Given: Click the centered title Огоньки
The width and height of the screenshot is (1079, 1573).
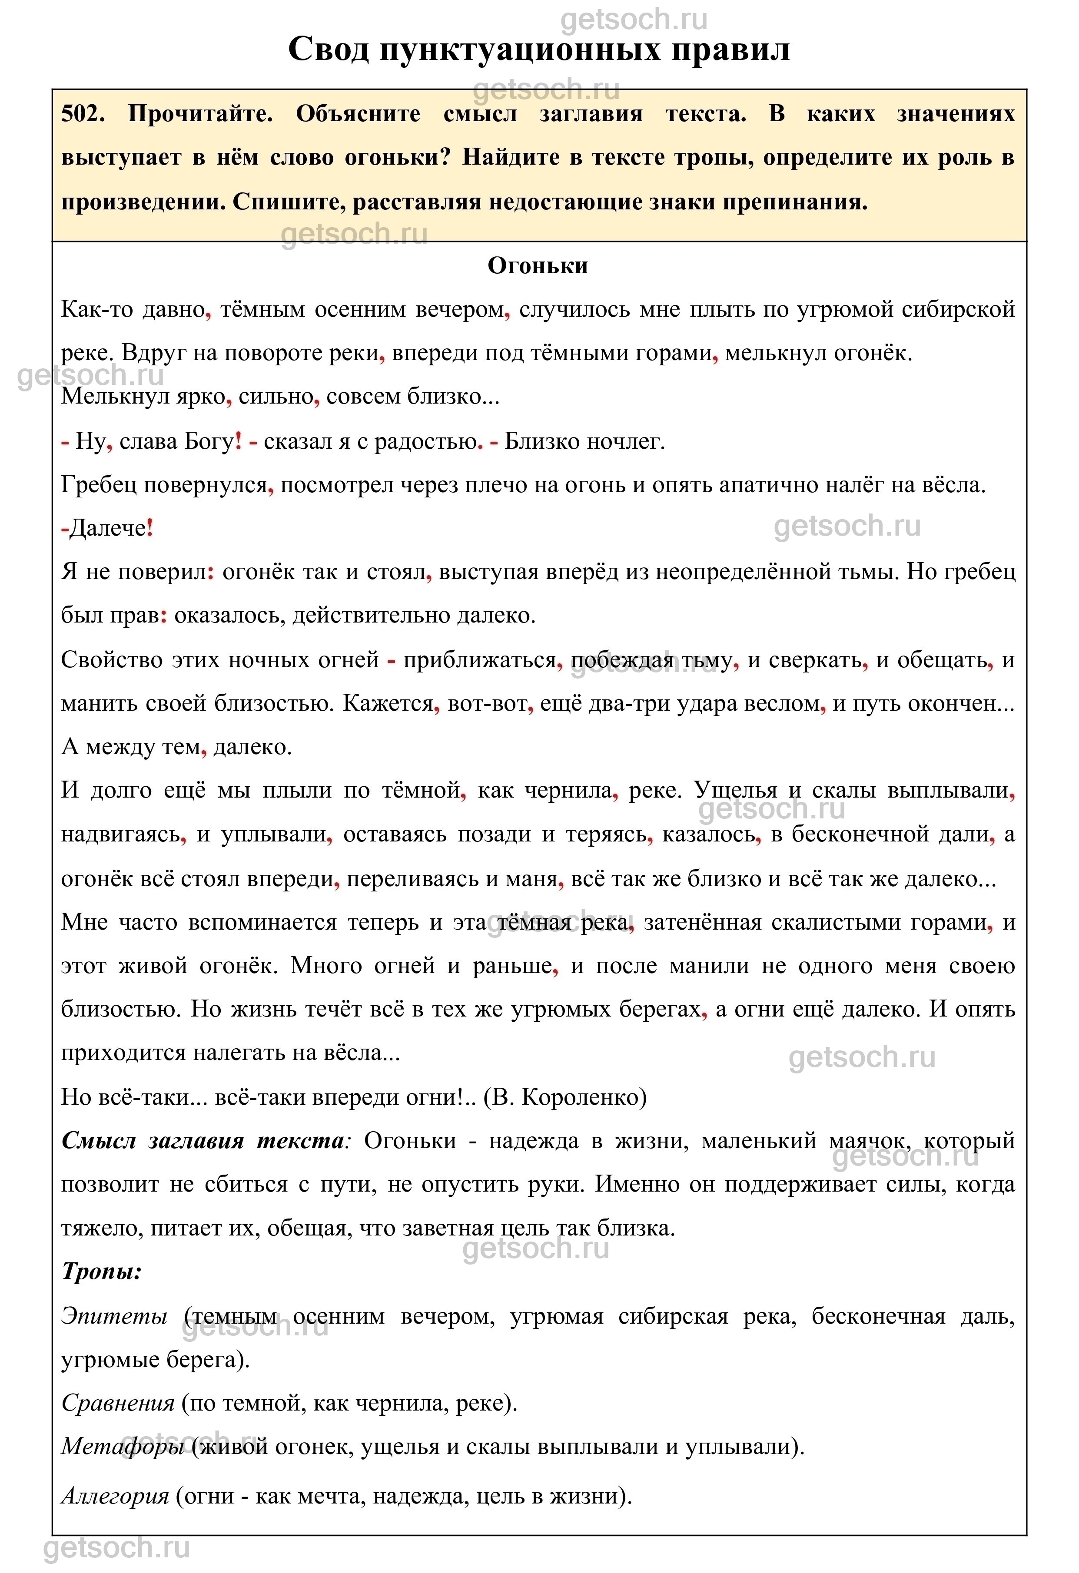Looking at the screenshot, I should pos(538,265).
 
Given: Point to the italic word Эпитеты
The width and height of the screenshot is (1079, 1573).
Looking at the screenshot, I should pos(114,1316).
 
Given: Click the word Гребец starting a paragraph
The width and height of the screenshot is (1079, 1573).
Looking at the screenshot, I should pos(99,485).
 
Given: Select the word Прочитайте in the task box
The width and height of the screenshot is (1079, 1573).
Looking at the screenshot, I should pos(200,114).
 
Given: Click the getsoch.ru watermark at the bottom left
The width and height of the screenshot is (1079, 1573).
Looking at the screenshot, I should pos(116,1548).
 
